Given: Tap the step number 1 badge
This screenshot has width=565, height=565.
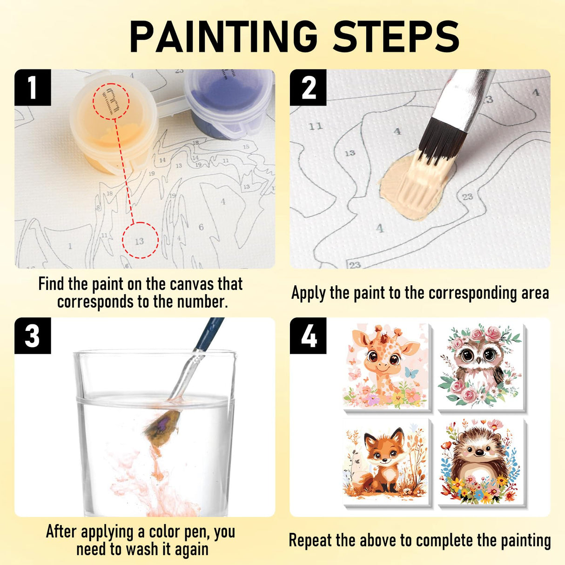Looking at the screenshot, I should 32,87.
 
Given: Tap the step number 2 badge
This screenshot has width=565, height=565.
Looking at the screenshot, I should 308,87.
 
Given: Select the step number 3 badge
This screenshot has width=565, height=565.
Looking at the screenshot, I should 32,336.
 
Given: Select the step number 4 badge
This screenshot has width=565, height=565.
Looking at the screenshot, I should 308,336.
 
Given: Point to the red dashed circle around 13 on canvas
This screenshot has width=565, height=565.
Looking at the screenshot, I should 140,241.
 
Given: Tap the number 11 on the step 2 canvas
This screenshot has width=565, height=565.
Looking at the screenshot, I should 316,126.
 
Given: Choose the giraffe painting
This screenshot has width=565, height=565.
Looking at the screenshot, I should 385,366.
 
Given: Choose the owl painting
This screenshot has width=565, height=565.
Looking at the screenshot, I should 480,366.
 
